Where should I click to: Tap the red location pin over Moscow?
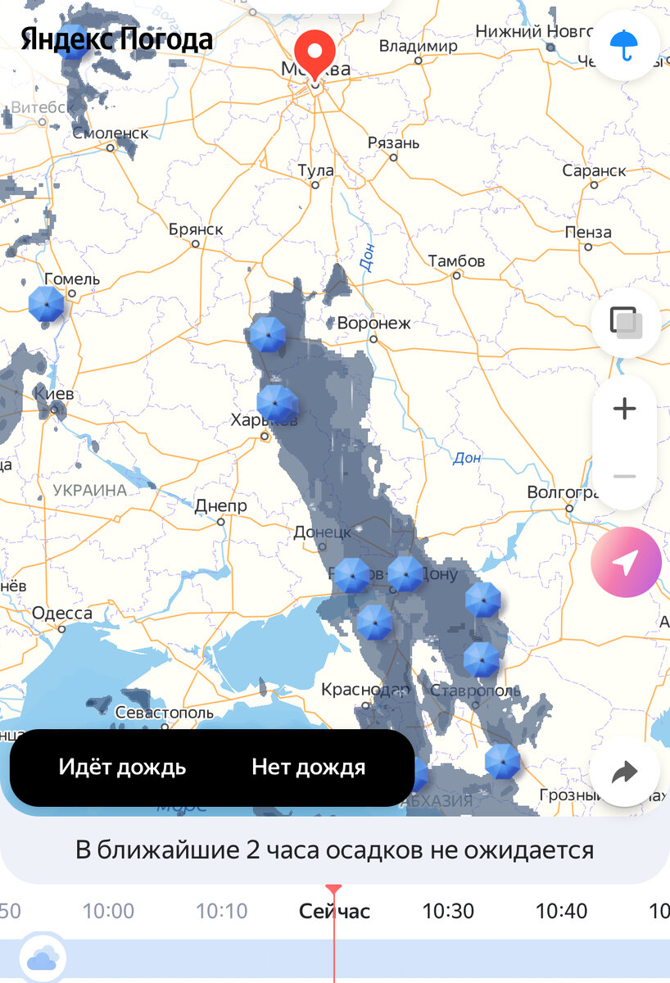click(315, 52)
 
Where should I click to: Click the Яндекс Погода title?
click(116, 39)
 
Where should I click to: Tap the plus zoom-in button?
click(625, 408)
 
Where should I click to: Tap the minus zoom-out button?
click(625, 476)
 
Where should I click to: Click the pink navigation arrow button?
click(626, 563)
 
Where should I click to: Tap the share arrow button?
click(625, 771)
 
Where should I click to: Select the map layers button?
click(625, 322)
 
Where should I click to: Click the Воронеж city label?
click(374, 324)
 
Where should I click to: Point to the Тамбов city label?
click(456, 261)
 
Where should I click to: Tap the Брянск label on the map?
click(196, 229)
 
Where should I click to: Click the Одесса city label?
click(62, 614)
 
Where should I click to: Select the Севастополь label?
click(165, 713)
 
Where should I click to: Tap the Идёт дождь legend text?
click(122, 768)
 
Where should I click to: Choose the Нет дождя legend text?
click(308, 768)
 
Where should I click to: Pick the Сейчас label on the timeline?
click(334, 911)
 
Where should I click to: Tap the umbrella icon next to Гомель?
click(46, 304)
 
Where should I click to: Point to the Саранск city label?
click(594, 171)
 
